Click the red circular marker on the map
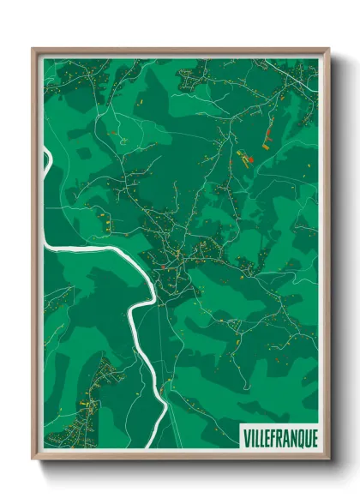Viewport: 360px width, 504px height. (x=251, y=160)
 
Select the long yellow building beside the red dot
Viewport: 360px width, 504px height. (x=243, y=161)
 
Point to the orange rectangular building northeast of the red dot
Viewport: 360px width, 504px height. (x=265, y=147)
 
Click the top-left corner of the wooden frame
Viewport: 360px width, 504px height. (x=33, y=50)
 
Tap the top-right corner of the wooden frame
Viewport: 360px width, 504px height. (x=328, y=50)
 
